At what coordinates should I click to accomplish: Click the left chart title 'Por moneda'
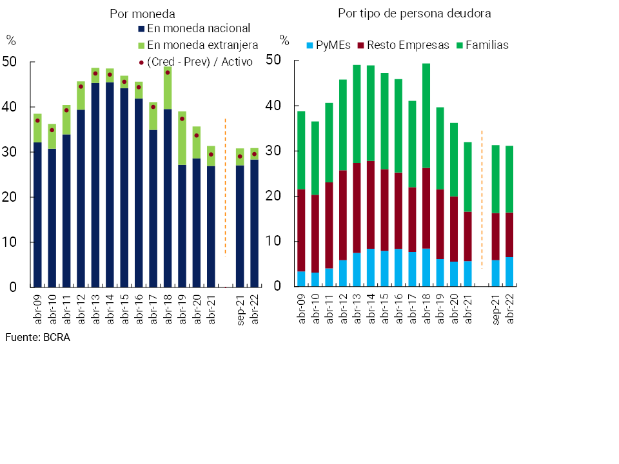[x=142, y=14]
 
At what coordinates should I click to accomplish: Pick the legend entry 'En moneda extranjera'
[x=202, y=45]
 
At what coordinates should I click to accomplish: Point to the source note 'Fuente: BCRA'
[x=37, y=337]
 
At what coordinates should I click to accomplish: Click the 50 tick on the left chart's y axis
[x=12, y=63]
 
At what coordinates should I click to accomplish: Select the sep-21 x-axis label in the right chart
[x=496, y=309]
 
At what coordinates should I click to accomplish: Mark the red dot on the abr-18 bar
[x=168, y=72]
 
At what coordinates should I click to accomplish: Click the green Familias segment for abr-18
[x=426, y=116]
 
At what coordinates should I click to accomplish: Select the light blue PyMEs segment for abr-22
[x=510, y=272]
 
